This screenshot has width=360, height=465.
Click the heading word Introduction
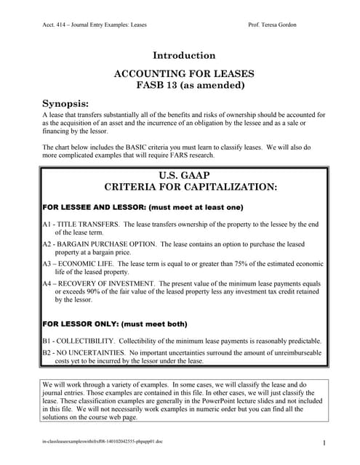pyautogui.click(x=184, y=55)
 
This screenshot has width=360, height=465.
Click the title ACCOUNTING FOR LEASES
pyautogui.click(x=184, y=74)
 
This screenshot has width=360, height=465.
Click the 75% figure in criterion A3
pyautogui.click(x=234, y=264)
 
